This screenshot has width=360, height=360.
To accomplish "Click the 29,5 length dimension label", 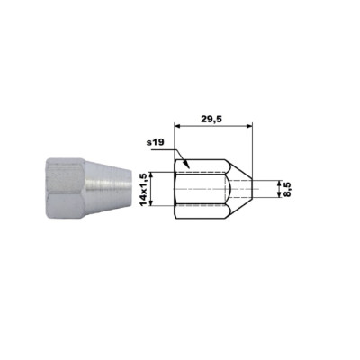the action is (x=211, y=120).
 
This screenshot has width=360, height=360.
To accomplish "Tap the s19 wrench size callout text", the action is (x=156, y=142).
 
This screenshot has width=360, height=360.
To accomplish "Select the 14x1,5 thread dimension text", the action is (x=144, y=190).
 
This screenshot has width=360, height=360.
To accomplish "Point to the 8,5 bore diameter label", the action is (x=288, y=190).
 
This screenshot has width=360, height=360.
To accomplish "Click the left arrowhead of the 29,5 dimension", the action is (x=177, y=127).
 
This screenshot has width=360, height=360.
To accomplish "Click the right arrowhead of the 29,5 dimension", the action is (x=249, y=127).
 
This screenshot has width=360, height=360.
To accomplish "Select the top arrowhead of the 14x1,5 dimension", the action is (x=152, y=175).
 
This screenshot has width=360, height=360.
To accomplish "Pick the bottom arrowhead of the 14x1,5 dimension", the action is (x=152, y=202).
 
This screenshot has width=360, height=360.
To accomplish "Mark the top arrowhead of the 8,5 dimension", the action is (x=279, y=184).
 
